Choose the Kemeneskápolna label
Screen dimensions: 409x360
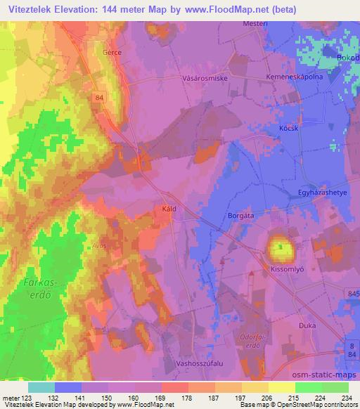[x=295, y=74]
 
